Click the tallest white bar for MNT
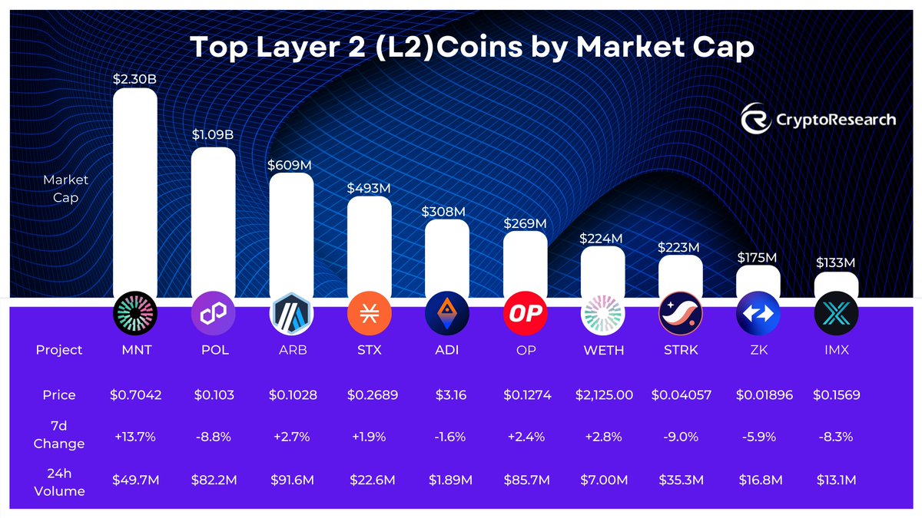pyautogui.click(x=135, y=192)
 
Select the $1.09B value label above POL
pyautogui.click(x=213, y=134)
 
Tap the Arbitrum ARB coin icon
pyautogui.click(x=291, y=314)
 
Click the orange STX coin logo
pyautogui.click(x=369, y=314)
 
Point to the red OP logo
pyautogui.click(x=525, y=314)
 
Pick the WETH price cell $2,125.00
pyautogui.click(x=604, y=395)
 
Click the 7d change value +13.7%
pyautogui.click(x=134, y=437)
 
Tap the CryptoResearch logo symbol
pyautogui.click(x=756, y=119)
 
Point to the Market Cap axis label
pyautogui.click(x=65, y=189)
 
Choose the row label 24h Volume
pyautogui.click(x=59, y=480)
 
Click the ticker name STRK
pyautogui.click(x=682, y=350)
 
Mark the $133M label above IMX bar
pyautogui.click(x=835, y=263)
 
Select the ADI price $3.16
pyautogui.click(x=446, y=395)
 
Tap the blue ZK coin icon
pyautogui.click(x=758, y=314)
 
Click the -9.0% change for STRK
pyautogui.click(x=682, y=437)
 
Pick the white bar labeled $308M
pyautogui.click(x=446, y=257)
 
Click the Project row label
pyautogui.click(x=59, y=350)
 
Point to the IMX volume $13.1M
pyautogui.click(x=836, y=480)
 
